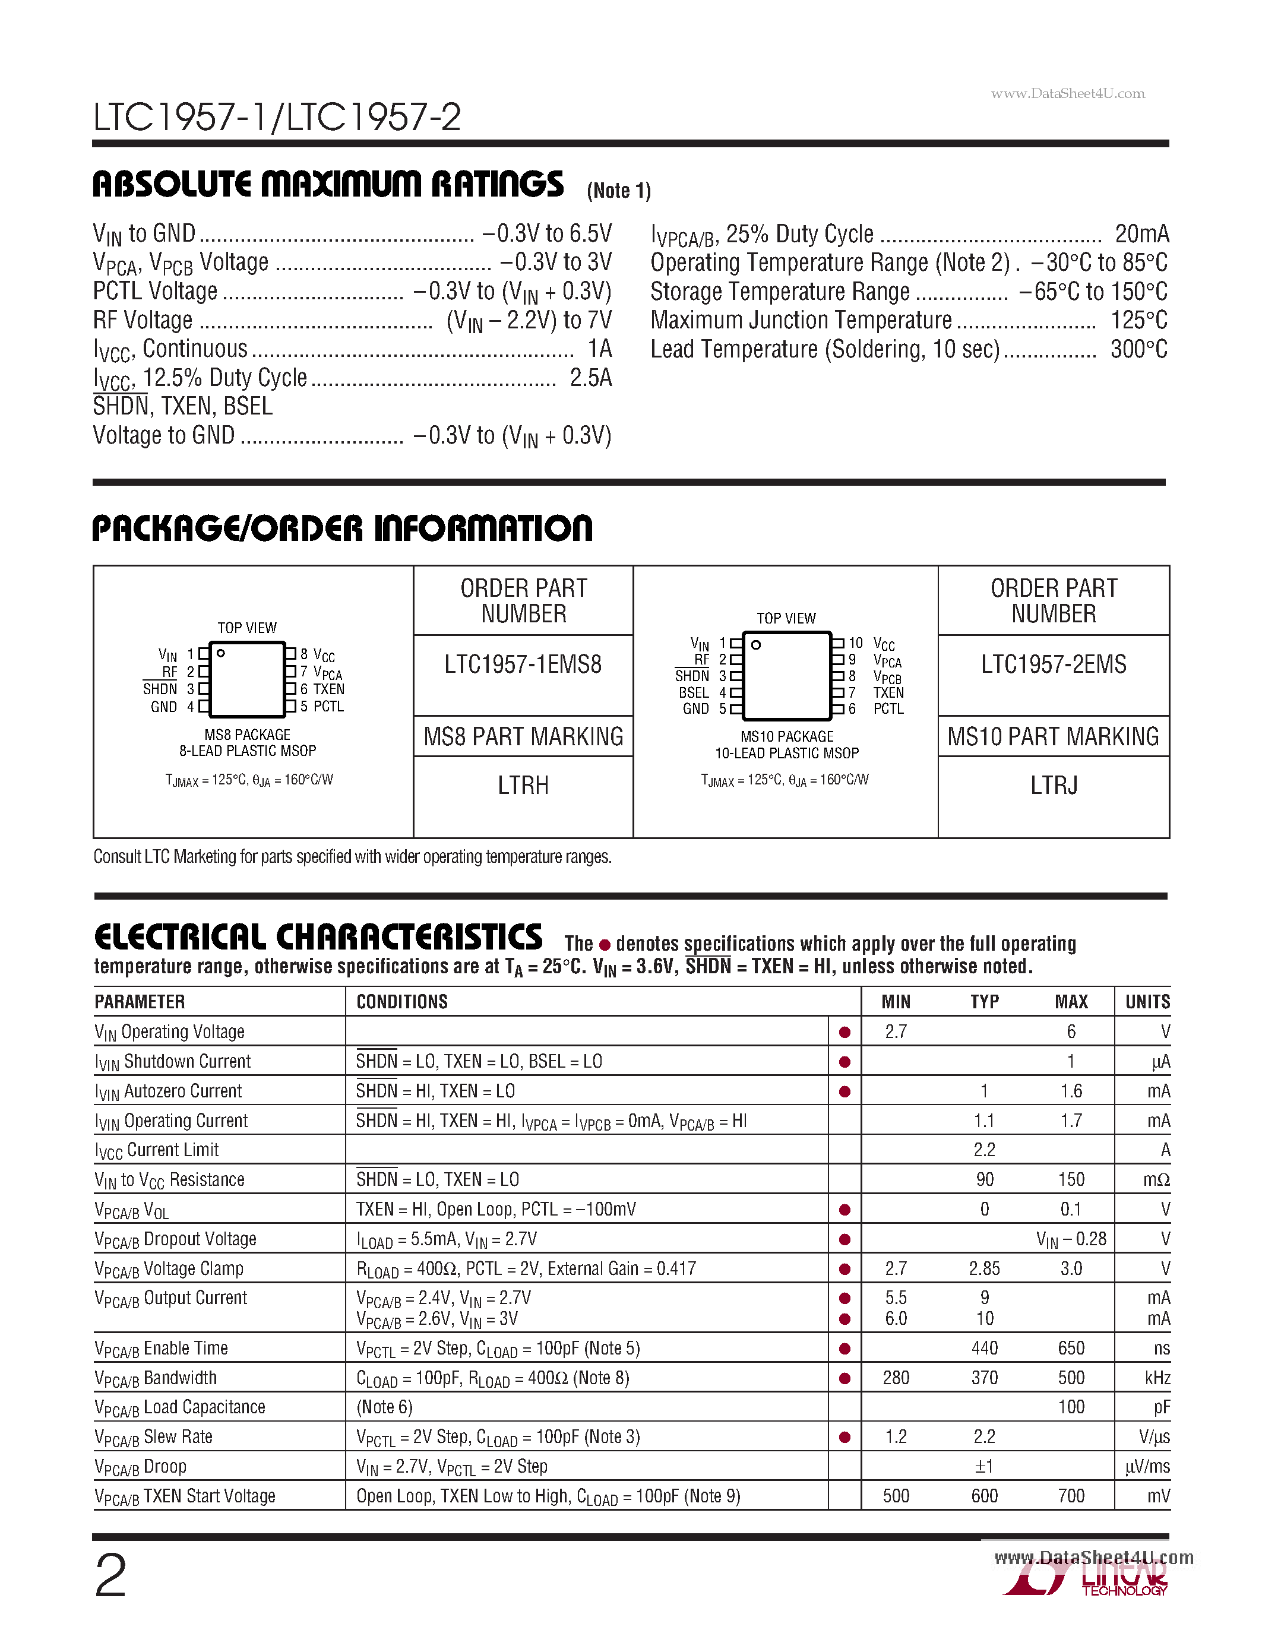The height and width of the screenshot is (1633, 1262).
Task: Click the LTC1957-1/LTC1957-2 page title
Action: coord(277,118)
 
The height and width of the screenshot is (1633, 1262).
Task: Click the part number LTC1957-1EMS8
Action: coord(523,664)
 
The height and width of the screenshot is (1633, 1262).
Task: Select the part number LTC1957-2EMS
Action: coord(1053,664)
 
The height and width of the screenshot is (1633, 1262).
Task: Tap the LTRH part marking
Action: coord(523,785)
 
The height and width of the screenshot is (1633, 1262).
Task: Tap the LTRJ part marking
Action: coord(1053,785)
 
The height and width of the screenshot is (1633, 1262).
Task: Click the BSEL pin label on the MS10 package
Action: coord(693,692)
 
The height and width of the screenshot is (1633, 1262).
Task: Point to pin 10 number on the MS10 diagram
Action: coord(855,643)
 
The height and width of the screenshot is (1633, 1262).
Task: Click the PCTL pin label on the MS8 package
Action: coord(329,707)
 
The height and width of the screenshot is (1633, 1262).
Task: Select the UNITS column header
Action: coord(1147,1001)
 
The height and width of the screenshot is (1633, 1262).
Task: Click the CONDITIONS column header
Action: coord(401,1001)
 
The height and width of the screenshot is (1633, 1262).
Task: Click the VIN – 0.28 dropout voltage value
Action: coord(1071,1239)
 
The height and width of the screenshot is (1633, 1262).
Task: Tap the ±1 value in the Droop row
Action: coord(984,1466)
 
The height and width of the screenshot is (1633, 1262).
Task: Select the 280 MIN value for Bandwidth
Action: coord(896,1377)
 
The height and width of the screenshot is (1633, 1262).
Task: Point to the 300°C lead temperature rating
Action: coord(1138,349)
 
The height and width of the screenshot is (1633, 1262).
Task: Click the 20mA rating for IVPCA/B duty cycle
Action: coord(1141,234)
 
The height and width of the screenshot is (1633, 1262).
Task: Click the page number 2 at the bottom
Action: coord(110,1575)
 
